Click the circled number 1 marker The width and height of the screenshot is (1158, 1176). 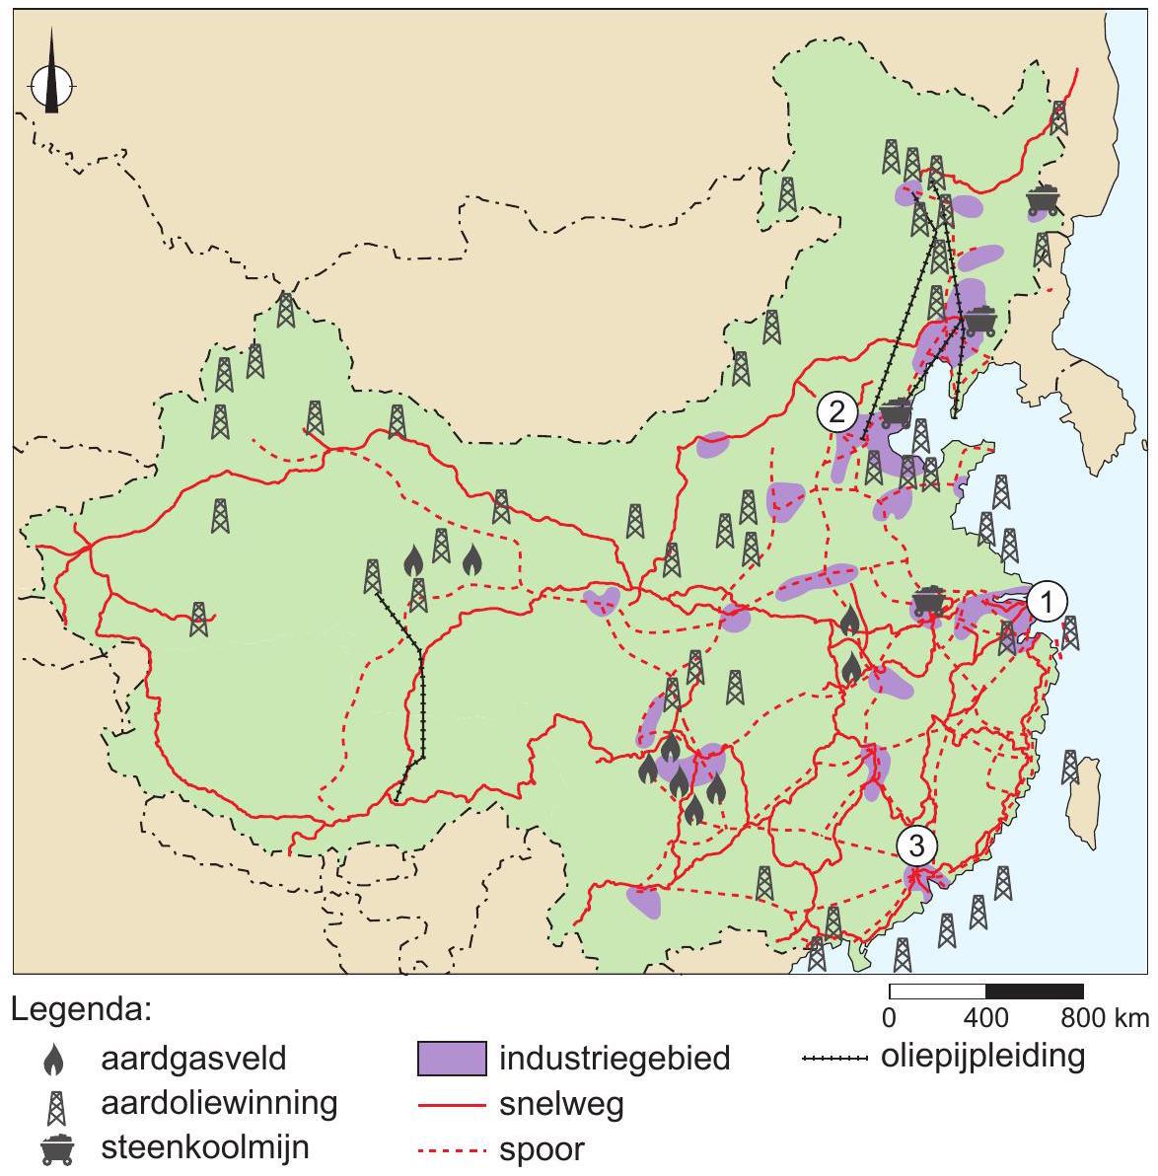(1048, 600)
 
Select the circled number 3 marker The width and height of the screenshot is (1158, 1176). (916, 845)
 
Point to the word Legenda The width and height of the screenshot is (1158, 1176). (82, 1011)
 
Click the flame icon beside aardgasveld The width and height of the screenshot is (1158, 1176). (52, 1060)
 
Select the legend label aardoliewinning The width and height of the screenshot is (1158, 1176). (219, 1102)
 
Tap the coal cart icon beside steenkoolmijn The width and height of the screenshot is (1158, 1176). (56, 1148)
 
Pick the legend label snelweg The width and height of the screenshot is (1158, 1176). (560, 1104)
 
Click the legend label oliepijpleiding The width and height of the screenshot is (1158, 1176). (982, 1056)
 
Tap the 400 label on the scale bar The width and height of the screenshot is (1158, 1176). (985, 1017)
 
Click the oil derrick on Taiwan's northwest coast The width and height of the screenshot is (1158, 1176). (1071, 767)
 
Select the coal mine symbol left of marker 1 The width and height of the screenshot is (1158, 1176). (928, 602)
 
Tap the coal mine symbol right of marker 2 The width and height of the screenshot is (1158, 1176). (895, 412)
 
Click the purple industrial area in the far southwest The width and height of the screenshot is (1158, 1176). (643, 901)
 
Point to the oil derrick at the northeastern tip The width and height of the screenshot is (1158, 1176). (1058, 117)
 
